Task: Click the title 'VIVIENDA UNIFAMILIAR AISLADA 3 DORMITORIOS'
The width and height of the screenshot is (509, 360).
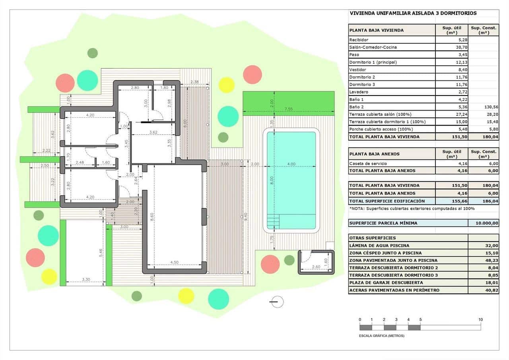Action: point(413,13)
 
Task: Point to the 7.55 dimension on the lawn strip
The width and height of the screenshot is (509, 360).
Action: point(289,109)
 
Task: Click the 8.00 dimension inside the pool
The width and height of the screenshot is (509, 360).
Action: point(272,179)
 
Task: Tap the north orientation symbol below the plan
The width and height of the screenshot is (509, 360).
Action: point(277,302)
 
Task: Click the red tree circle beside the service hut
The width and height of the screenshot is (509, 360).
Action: point(270,264)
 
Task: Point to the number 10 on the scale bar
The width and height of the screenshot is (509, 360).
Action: point(480,320)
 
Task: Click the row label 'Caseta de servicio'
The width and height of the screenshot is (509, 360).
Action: point(367,163)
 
